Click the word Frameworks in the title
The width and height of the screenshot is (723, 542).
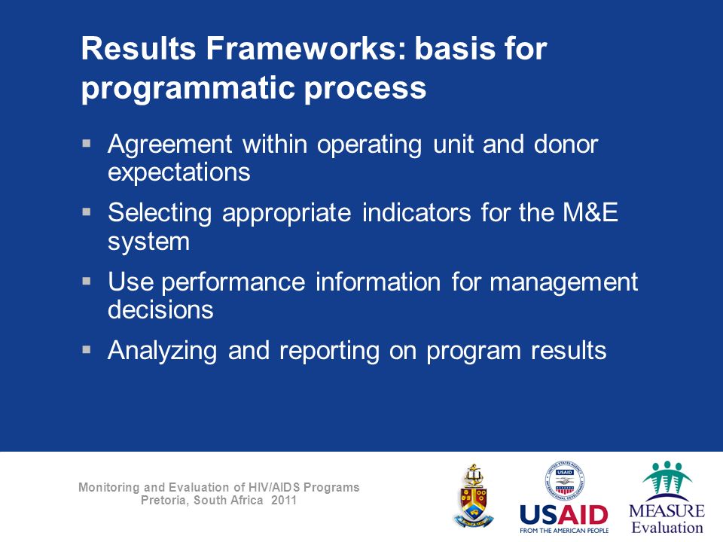(x=307, y=48)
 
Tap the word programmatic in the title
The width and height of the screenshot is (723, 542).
(x=188, y=89)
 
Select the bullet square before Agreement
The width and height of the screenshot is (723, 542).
(x=86, y=143)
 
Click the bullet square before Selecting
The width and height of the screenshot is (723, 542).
(x=86, y=212)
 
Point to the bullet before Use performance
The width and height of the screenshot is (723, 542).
(x=86, y=281)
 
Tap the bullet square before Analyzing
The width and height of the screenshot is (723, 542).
(x=86, y=349)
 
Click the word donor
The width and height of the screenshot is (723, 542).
(x=566, y=145)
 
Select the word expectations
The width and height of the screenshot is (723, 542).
(x=179, y=173)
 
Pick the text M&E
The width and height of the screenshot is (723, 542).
(x=590, y=212)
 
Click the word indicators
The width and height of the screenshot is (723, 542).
(x=416, y=212)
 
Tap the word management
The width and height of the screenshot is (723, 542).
(x=563, y=282)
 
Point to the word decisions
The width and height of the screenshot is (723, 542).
(x=160, y=309)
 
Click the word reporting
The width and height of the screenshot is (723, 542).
(x=329, y=352)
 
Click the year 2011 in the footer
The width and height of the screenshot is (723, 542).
(x=284, y=500)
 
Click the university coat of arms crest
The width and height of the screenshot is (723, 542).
(x=473, y=496)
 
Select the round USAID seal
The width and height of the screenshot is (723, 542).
(x=564, y=481)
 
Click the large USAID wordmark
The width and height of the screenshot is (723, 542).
(x=564, y=515)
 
